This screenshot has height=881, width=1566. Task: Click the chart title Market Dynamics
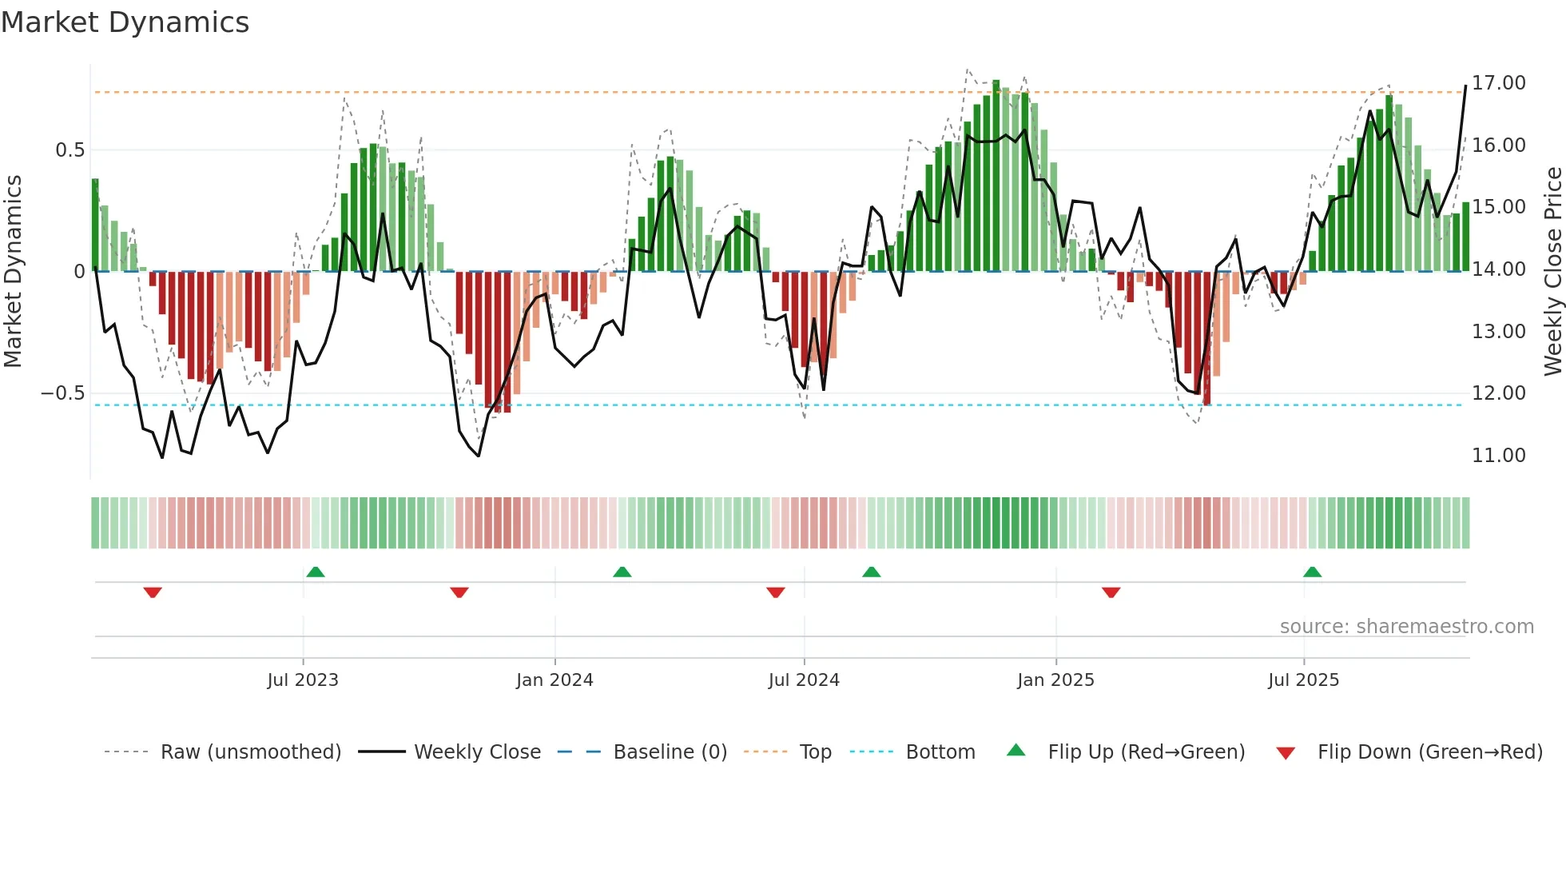click(125, 22)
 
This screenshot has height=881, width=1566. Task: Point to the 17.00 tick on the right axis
click(1498, 83)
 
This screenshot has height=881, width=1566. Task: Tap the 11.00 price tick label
click(1498, 456)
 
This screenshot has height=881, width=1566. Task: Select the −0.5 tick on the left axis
click(62, 393)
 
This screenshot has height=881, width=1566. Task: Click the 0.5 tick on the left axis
click(70, 150)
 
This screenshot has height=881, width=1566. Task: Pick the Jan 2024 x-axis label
click(554, 680)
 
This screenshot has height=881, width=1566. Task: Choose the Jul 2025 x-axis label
click(1303, 680)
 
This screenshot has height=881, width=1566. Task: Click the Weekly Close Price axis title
click(1552, 271)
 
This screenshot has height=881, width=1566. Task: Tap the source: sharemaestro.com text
click(1406, 627)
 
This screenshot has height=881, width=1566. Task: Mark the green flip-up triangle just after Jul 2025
click(1312, 572)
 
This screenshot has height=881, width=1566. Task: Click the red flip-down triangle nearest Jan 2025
click(1111, 592)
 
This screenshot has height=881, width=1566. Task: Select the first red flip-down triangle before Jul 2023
click(153, 592)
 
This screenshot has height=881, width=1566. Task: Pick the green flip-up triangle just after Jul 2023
click(316, 572)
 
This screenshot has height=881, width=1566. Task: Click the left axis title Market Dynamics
click(13, 271)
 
